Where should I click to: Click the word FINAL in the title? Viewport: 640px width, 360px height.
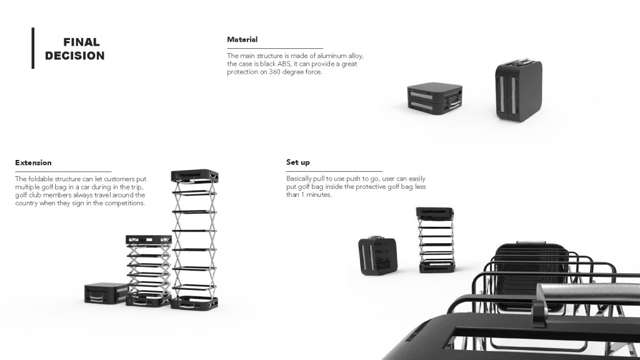pyautogui.click(x=81, y=42)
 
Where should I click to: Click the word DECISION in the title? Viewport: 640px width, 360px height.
pyautogui.click(x=74, y=56)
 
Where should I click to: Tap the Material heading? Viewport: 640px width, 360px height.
pyautogui.click(x=242, y=40)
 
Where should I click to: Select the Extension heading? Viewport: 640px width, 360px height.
pyautogui.click(x=33, y=163)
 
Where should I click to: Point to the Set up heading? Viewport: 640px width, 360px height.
pyautogui.click(x=297, y=162)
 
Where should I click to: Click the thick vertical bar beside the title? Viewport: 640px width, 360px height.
pyautogui.click(x=33, y=47)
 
